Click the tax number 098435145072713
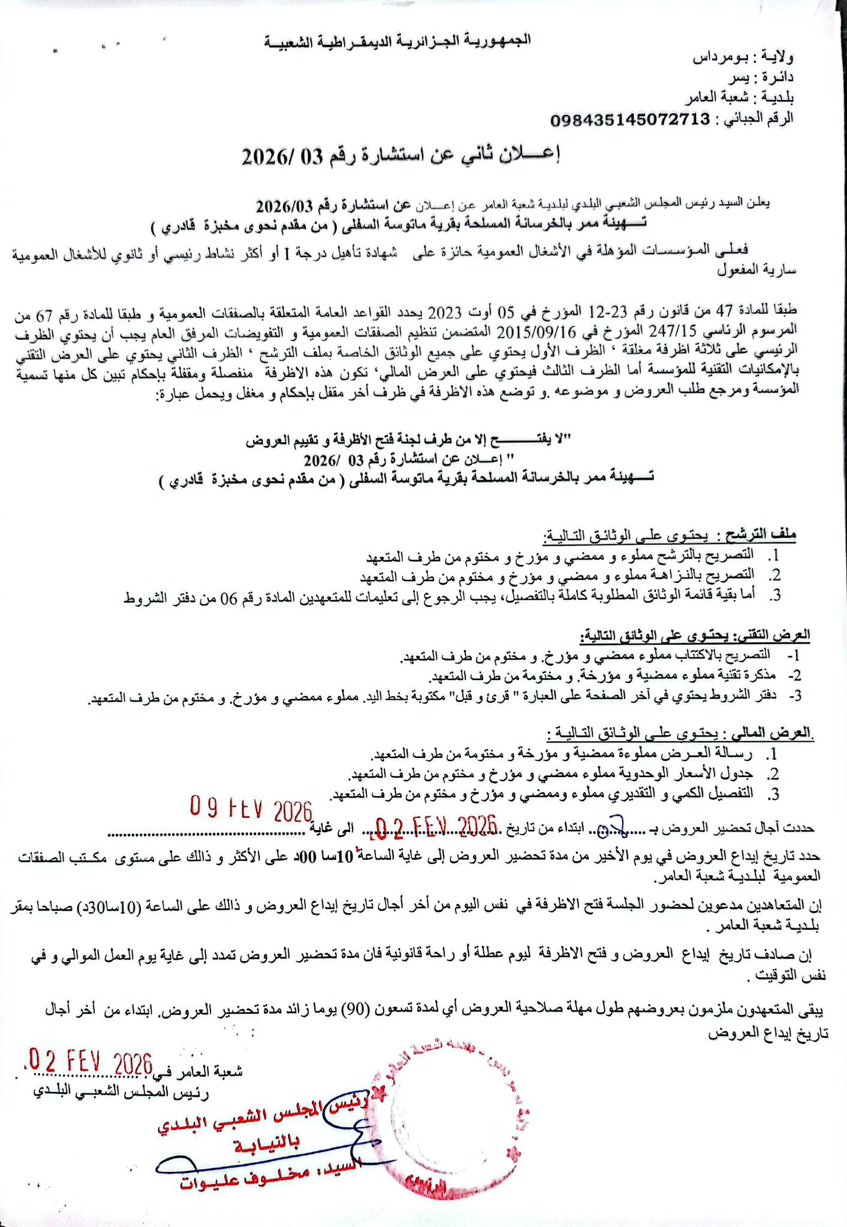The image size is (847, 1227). pyautogui.click(x=629, y=119)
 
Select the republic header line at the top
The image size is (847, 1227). pyautogui.click(x=398, y=41)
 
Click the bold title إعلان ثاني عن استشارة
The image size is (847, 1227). pyautogui.click(x=400, y=156)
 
